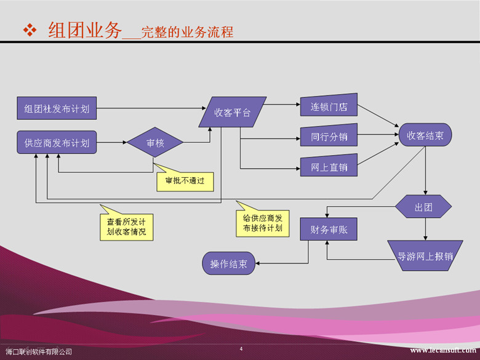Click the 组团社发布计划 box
57,108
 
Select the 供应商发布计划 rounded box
57,142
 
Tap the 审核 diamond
155,142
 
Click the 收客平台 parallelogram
233,112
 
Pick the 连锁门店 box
329,105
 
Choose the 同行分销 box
329,135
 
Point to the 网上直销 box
329,166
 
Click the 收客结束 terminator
425,135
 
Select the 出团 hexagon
423,206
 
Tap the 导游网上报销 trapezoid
425,255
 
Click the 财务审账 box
329,229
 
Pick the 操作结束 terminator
229,263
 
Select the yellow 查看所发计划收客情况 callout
126,226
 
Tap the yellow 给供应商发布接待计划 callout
263,222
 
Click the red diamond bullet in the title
30,30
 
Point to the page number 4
241,349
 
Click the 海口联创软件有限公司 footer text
39,352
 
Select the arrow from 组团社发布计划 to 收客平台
151,108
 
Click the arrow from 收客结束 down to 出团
425,170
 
